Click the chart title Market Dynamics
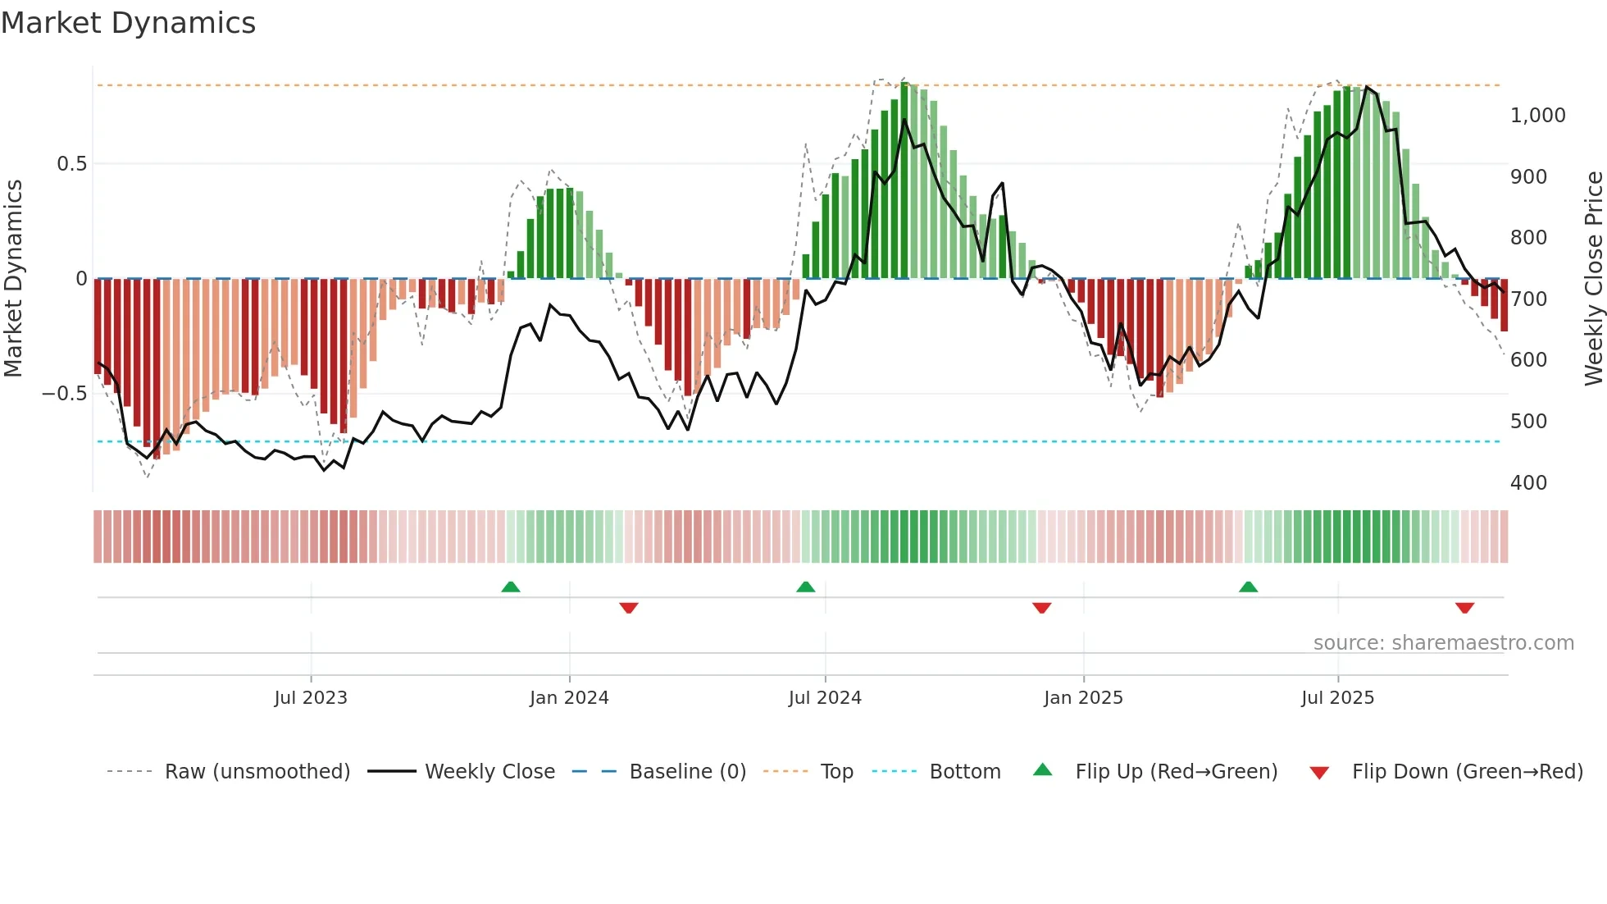(x=128, y=23)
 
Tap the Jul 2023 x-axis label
(x=311, y=698)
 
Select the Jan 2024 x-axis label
(x=569, y=698)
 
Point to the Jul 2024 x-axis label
(x=825, y=698)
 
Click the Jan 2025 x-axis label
(x=1083, y=698)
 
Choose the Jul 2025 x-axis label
(x=1337, y=698)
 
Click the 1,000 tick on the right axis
(x=1537, y=116)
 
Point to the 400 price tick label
(x=1528, y=483)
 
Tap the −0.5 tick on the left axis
(x=64, y=394)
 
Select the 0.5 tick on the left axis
(x=71, y=164)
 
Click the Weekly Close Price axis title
(x=1593, y=279)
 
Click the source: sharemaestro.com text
(x=1443, y=643)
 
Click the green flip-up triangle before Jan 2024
(x=511, y=587)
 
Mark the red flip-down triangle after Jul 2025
(x=1464, y=608)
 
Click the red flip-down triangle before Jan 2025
(x=1041, y=608)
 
